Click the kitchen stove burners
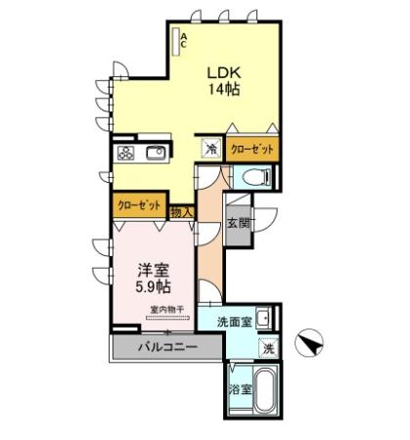[126, 153]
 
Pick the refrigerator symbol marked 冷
[212, 150]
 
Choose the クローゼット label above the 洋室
[138, 205]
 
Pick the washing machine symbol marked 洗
[267, 348]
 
